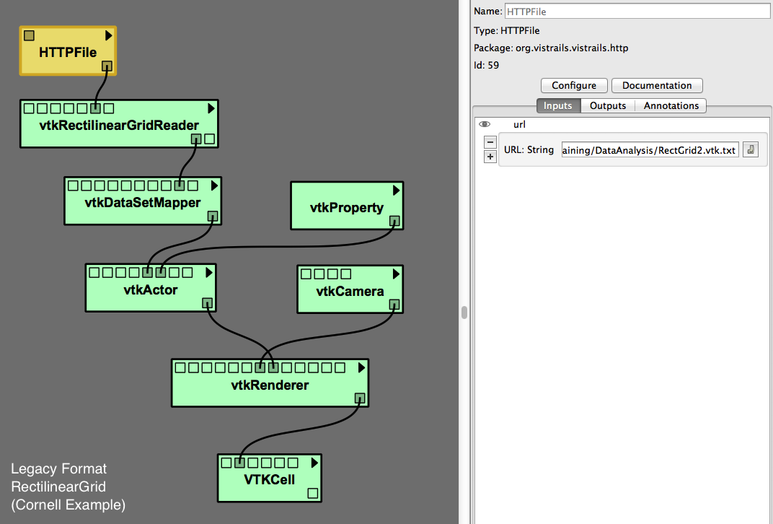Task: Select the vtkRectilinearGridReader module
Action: pyautogui.click(x=119, y=126)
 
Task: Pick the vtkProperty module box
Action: pyautogui.click(x=346, y=208)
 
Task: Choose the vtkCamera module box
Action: pyautogui.click(x=350, y=292)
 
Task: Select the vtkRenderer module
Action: pyautogui.click(x=270, y=385)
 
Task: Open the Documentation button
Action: pyautogui.click(x=657, y=85)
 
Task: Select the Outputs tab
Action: pyautogui.click(x=608, y=105)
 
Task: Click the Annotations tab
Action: pyautogui.click(x=671, y=105)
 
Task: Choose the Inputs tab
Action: pyautogui.click(x=557, y=105)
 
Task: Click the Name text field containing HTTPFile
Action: pyautogui.click(x=637, y=12)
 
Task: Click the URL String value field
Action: pyautogui.click(x=650, y=150)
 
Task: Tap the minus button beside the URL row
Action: pyautogui.click(x=490, y=142)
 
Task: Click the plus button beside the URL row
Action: pyautogui.click(x=490, y=157)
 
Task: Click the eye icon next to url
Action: pyautogui.click(x=485, y=124)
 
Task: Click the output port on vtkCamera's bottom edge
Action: pyautogui.click(x=394, y=305)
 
